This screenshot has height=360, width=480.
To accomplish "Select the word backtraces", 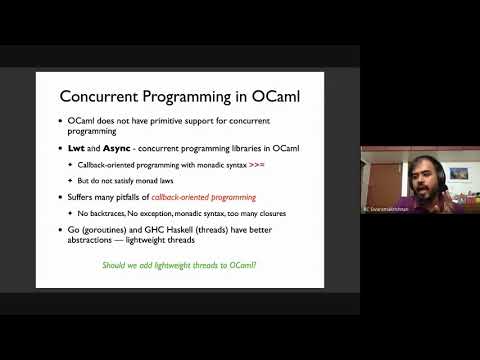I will [x=105, y=214].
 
